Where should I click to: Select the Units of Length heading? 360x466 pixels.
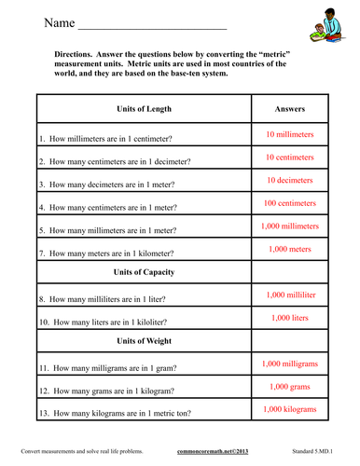point(144,108)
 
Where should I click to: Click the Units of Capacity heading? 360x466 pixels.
point(144,272)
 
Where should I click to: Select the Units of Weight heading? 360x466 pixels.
point(144,341)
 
